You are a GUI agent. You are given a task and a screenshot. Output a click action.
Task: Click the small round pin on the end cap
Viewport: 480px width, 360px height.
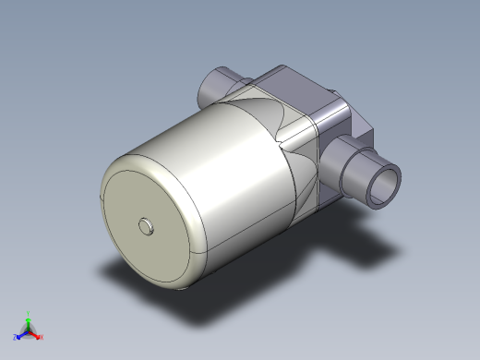pyautogui.click(x=146, y=225)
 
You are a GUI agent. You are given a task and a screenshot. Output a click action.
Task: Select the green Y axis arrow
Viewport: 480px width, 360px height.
pyautogui.click(x=29, y=319)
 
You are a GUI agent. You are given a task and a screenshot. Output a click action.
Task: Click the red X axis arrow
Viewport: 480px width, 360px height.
pyautogui.click(x=36, y=334)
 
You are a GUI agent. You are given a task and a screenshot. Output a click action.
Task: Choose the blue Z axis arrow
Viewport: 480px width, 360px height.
pyautogui.click(x=21, y=333)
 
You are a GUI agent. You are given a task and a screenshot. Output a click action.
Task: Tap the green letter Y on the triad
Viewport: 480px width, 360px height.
pyautogui.click(x=29, y=313)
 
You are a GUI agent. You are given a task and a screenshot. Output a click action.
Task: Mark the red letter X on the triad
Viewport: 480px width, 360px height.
pyautogui.click(x=42, y=338)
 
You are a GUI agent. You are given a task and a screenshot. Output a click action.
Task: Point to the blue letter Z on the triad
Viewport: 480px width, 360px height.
pyautogui.click(x=16, y=338)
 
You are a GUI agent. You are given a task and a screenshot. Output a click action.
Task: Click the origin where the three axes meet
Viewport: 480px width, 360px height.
pyautogui.click(x=29, y=330)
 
